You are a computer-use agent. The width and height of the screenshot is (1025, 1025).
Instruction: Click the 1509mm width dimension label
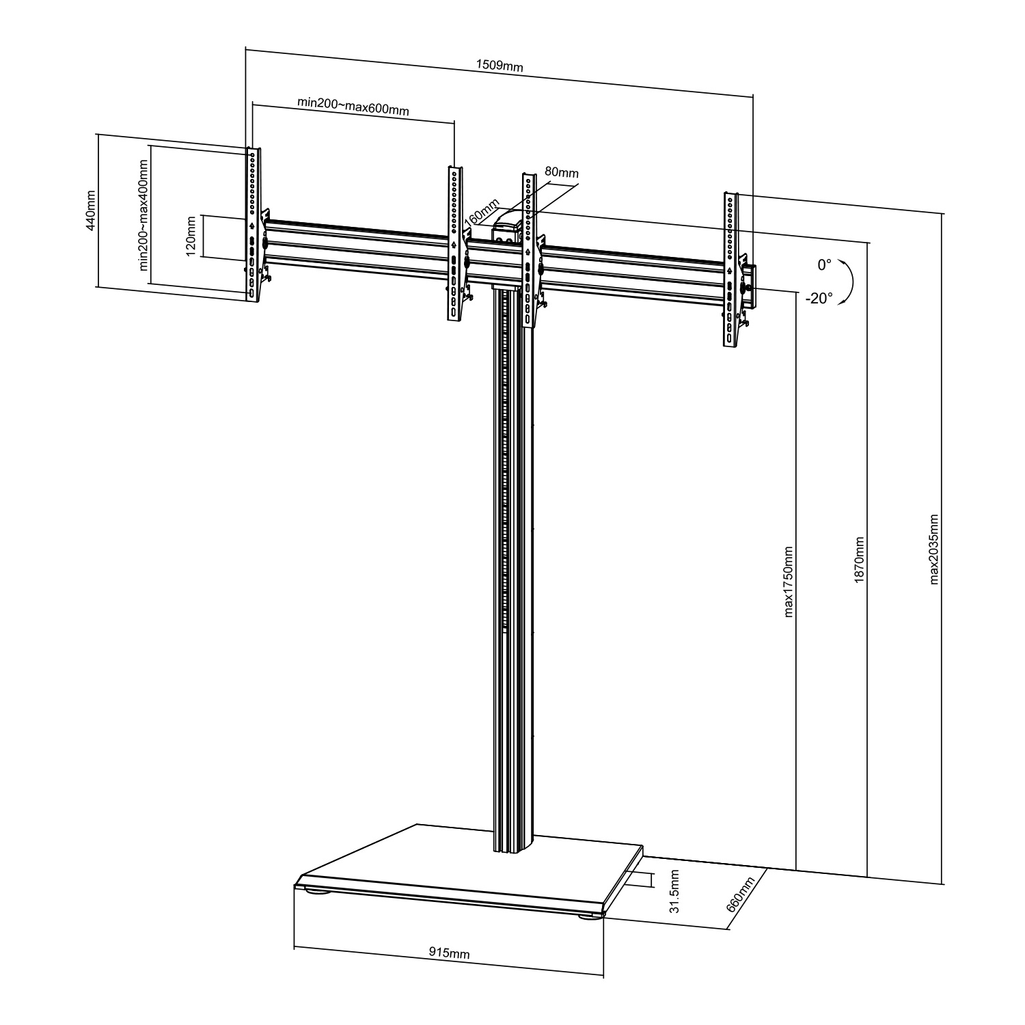tap(499, 66)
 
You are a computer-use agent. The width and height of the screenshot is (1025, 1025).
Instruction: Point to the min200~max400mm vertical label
tap(143, 215)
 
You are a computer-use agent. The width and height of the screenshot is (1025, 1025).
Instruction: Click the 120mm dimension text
tap(191, 236)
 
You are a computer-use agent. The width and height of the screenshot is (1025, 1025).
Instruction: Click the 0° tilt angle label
tap(825, 264)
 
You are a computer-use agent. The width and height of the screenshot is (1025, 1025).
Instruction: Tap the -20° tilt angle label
tap(819, 299)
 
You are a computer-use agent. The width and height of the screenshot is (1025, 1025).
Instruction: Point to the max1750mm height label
tap(789, 581)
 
